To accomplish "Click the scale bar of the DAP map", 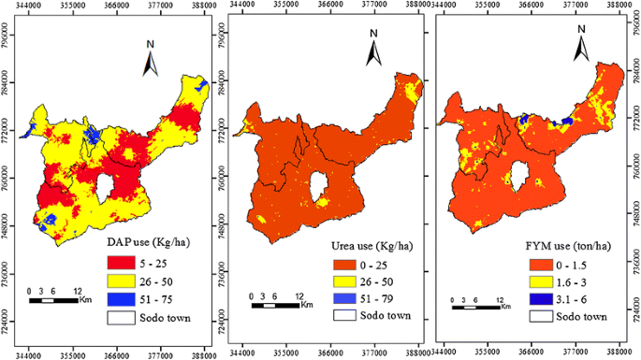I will [x=57, y=300].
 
